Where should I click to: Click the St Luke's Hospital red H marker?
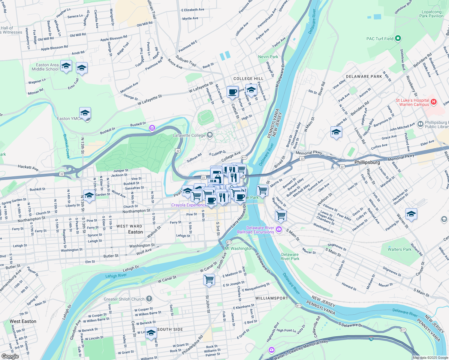tap(433, 102)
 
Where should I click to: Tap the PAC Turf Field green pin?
tap(398, 38)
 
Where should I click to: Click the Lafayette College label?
tap(189, 135)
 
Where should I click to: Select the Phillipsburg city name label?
tap(367, 162)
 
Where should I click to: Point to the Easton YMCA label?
tap(70, 118)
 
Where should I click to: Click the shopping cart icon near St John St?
tap(209, 280)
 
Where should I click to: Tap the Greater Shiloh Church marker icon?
tap(149, 299)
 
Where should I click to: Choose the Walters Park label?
tap(399, 249)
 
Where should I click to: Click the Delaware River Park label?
tap(290, 256)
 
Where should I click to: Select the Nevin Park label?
tap(268, 57)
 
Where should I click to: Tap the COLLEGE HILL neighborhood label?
tap(248, 79)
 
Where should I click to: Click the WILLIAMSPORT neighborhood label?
tap(272, 298)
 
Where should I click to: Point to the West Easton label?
tap(23, 321)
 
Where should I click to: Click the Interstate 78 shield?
tap(371, 339)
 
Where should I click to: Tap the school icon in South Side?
tap(151, 333)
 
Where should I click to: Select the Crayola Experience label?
tap(189, 205)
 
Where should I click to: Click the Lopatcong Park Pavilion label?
tap(431, 14)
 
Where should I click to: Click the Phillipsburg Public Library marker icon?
tap(420, 124)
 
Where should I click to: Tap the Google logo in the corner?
tap(10, 356)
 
